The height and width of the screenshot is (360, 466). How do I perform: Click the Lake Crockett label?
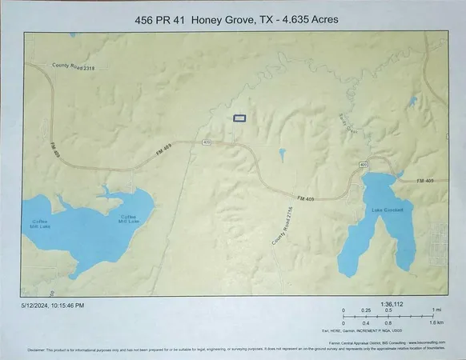(386, 210)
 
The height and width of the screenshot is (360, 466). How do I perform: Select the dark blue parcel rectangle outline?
(239, 118)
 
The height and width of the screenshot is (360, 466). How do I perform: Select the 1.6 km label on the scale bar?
(436, 322)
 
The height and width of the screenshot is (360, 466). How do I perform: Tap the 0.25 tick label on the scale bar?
(367, 310)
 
